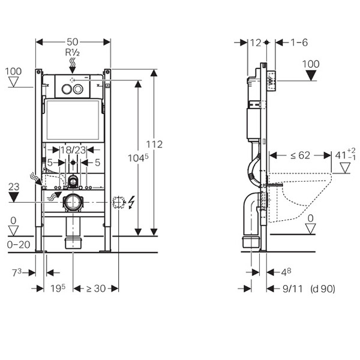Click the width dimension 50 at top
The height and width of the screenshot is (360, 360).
coord(73,41)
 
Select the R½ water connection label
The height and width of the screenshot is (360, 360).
coord(73,52)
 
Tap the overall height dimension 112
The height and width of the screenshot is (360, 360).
coord(155,145)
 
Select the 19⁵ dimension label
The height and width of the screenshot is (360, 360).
coord(58,289)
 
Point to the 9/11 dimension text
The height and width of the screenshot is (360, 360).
coord(292,289)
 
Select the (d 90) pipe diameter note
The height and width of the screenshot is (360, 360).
coord(323,289)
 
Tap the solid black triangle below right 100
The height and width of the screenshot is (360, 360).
coord(311,76)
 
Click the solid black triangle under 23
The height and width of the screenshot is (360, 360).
coord(14,197)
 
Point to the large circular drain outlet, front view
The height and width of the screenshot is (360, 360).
coord(73,202)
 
